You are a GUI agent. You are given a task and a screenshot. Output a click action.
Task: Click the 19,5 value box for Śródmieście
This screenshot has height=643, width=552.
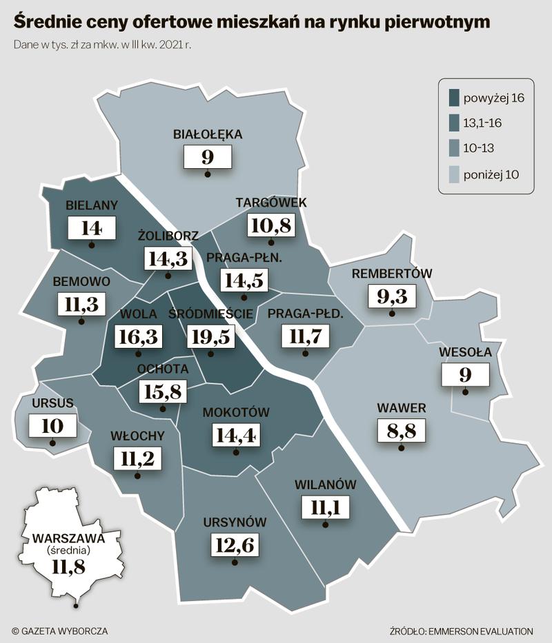[x=212, y=337]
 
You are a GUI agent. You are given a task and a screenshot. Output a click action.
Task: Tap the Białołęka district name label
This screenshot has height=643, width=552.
[x=208, y=134]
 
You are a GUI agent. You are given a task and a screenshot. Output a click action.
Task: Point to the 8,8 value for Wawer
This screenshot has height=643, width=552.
[x=402, y=431]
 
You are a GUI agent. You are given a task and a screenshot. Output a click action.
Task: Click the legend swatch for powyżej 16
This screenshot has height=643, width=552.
[x=454, y=97]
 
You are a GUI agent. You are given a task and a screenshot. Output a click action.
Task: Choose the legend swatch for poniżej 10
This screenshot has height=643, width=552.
[x=454, y=174]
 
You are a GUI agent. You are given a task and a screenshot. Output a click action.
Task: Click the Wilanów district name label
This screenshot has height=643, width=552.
[x=325, y=484]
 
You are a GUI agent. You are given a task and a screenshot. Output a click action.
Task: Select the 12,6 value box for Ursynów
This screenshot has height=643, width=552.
[x=235, y=545]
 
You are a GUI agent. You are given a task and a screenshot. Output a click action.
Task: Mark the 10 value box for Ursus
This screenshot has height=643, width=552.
[x=52, y=425]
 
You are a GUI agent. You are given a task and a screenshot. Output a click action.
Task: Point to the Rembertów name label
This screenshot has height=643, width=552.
[x=392, y=274]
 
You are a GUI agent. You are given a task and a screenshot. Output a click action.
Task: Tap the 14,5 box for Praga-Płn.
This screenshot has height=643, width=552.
[x=244, y=280]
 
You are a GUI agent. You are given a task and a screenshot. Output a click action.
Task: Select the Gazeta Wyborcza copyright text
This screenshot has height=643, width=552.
[x=60, y=631]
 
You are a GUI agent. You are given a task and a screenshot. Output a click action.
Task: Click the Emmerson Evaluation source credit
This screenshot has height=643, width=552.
[x=461, y=631]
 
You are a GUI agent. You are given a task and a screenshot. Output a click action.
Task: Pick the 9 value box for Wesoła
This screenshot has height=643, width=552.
[x=466, y=374]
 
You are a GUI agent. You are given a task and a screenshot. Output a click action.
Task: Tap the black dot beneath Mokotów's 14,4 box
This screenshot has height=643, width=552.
[x=237, y=453]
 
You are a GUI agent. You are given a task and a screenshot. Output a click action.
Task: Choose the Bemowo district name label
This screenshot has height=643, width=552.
[x=81, y=282]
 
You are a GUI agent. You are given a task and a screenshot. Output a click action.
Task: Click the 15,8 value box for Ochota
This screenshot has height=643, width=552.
[x=163, y=391]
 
